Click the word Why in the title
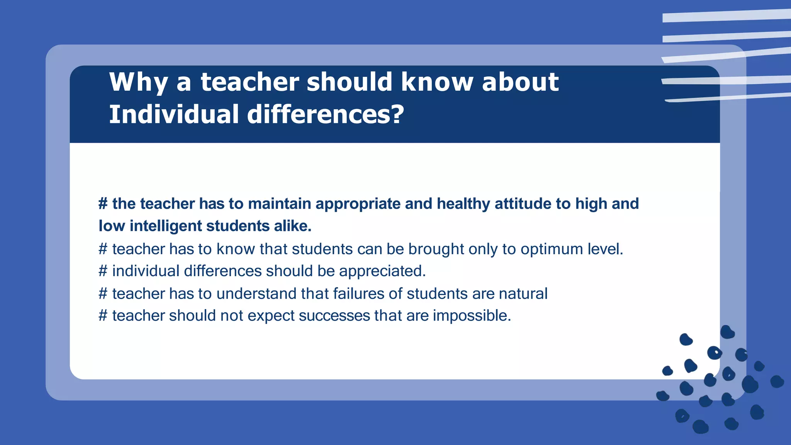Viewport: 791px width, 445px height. (x=139, y=82)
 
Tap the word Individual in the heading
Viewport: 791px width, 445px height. (x=174, y=115)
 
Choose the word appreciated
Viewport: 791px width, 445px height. (x=382, y=271)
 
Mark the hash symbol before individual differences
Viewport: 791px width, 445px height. (x=103, y=271)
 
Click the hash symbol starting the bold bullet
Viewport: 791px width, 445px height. (x=103, y=204)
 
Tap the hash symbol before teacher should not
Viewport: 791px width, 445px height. (x=103, y=316)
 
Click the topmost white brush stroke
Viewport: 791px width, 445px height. (x=726, y=15)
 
